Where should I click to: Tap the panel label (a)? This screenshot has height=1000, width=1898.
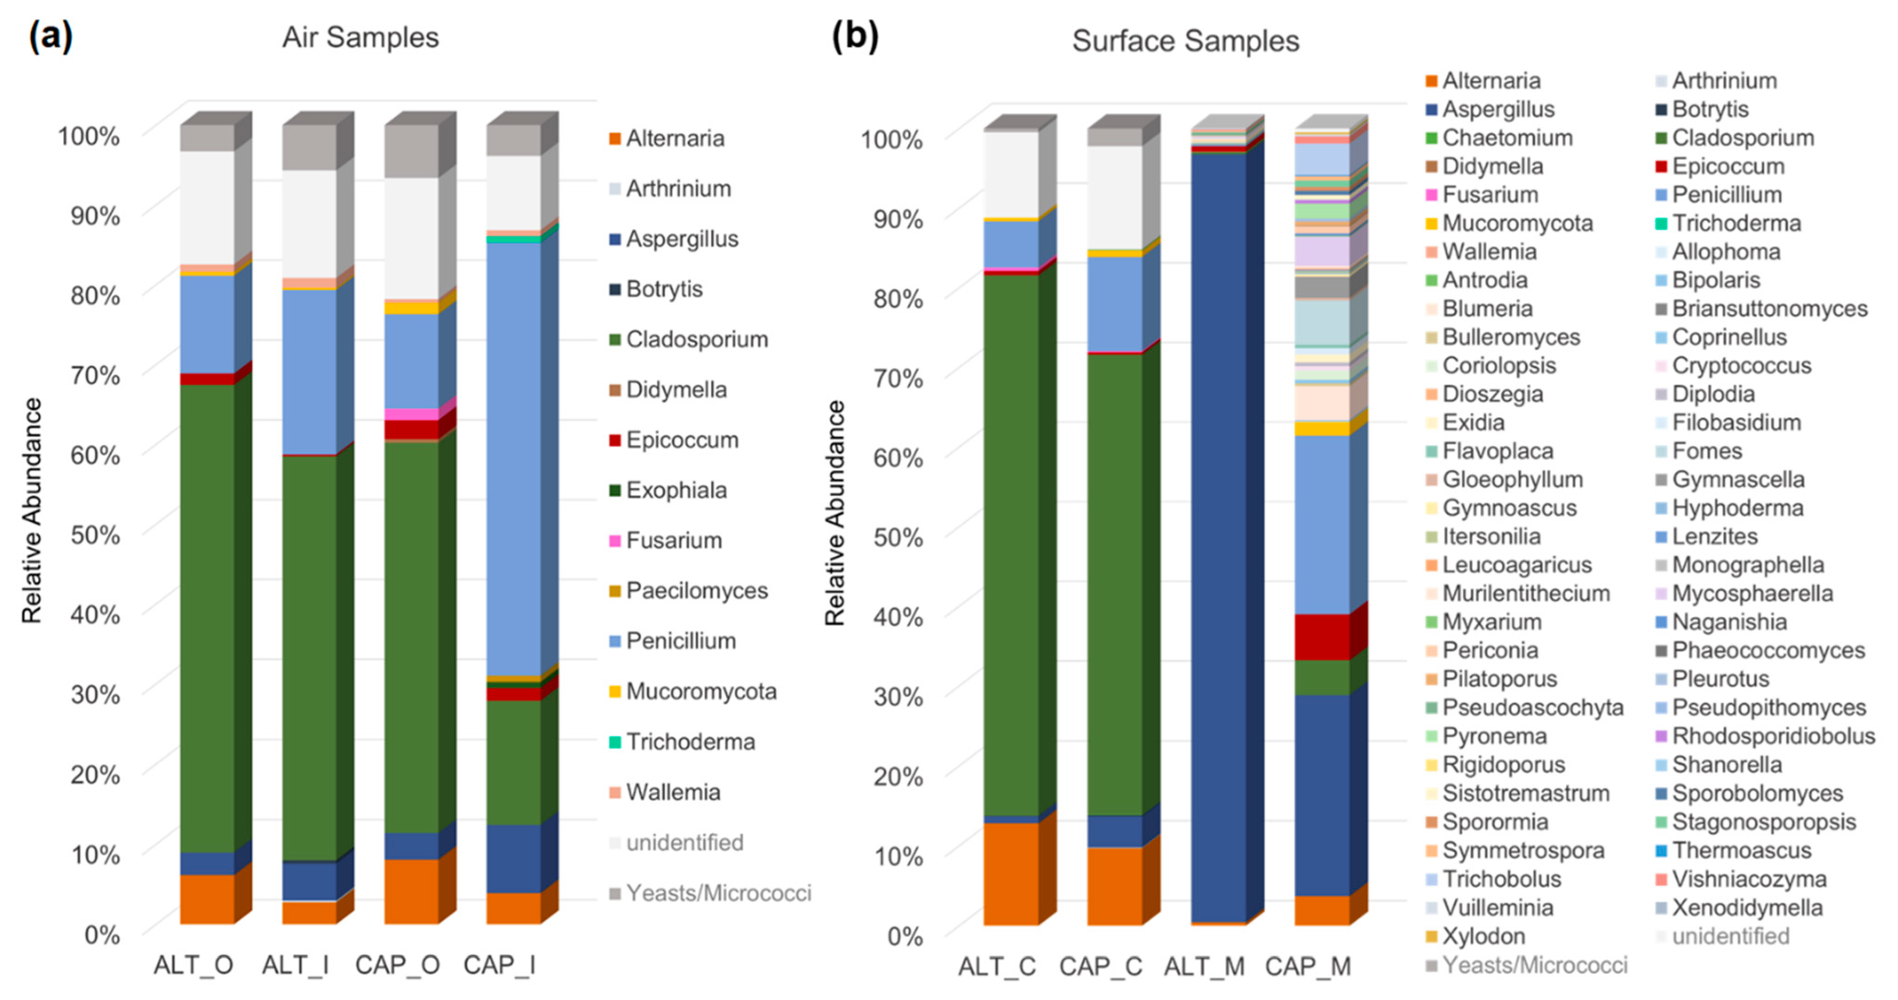pyautogui.click(x=50, y=35)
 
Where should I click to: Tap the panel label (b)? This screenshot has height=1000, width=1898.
pyautogui.click(x=854, y=35)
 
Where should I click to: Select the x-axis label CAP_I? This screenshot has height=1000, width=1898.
pyautogui.click(x=499, y=965)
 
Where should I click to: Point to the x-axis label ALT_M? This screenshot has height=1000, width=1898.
pyautogui.click(x=1204, y=966)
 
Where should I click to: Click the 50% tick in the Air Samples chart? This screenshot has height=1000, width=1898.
pyautogui.click(x=95, y=534)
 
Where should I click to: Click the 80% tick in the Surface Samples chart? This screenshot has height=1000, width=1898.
pyautogui.click(x=897, y=299)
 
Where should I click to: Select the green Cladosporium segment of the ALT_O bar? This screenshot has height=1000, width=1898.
pyautogui.click(x=207, y=619)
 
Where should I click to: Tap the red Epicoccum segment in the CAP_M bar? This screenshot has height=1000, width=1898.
pyautogui.click(x=1322, y=637)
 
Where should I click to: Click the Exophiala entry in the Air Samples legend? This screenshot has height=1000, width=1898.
pyautogui.click(x=675, y=490)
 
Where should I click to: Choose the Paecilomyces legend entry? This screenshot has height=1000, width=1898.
pyautogui.click(x=696, y=590)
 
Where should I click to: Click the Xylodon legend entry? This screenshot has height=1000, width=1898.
pyautogui.click(x=1483, y=936)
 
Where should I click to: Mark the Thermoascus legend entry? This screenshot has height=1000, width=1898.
pyautogui.click(x=1740, y=850)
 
